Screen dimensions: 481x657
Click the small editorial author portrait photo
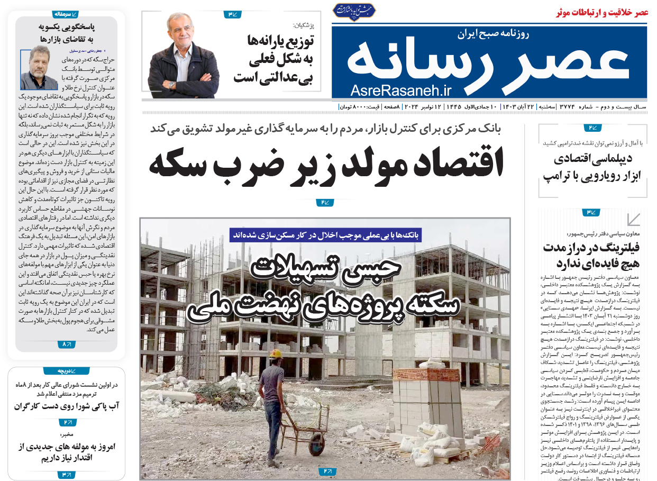pyautogui.click(x=39, y=68)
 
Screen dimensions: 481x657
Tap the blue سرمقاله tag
pyautogui.click(x=66, y=14)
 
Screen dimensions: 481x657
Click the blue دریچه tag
pyautogui.click(x=66, y=371)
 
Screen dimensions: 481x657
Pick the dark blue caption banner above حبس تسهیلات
pyautogui.click(x=325, y=235)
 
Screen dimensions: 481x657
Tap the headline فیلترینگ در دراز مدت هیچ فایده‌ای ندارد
pyautogui.click(x=591, y=255)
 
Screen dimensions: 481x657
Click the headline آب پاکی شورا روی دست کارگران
pyautogui.click(x=67, y=406)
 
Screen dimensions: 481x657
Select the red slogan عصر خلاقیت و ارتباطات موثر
pyautogui.click(x=602, y=13)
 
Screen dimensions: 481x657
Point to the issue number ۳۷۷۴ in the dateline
pyautogui.click(x=569, y=107)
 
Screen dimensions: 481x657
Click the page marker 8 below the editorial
pyautogui.click(x=66, y=344)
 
